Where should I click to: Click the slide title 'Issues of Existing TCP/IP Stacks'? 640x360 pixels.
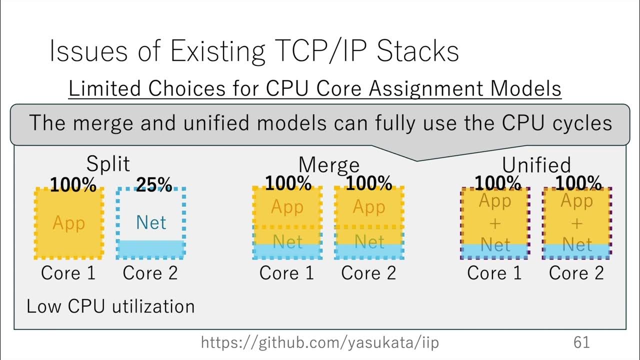pos(254,51)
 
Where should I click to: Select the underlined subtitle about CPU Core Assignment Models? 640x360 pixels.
pos(315,89)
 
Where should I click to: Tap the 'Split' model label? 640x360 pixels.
pos(108,163)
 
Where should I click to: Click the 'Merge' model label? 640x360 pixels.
pos(328,164)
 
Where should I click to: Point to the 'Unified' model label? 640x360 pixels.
pos(536,164)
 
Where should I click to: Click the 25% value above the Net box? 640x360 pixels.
pos(154,185)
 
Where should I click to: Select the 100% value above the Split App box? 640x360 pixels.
pos(73,185)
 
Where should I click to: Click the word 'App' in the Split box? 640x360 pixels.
pos(68,223)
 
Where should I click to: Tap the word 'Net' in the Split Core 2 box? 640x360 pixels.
pos(151,222)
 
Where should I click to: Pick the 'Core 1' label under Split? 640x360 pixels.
pos(68,273)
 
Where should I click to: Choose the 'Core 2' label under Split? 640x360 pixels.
pos(150,273)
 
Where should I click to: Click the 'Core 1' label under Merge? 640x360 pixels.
pos(286,273)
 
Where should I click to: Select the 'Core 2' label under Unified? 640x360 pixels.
pos(576,273)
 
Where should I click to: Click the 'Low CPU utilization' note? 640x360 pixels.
pos(110,306)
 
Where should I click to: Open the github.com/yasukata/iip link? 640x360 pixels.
pos(320,342)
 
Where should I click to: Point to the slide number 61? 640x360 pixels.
pos(581,342)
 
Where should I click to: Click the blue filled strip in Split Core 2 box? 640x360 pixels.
pos(151,248)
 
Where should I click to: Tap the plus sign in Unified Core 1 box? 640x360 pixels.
pos(495,223)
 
